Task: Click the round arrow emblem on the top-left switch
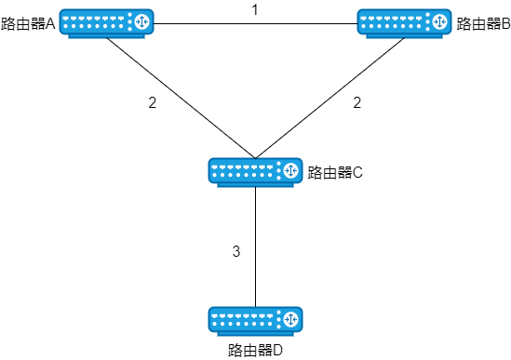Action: [x=141, y=21]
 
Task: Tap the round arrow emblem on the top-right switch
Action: [x=439, y=21]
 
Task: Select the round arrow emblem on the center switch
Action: [x=290, y=170]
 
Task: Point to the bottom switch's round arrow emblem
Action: [x=290, y=319]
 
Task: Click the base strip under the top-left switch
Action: [x=106, y=36]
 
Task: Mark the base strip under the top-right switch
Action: [x=404, y=36]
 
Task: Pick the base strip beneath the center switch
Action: [x=255, y=185]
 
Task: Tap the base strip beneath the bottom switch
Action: [x=255, y=334]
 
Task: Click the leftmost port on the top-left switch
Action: [x=65, y=18]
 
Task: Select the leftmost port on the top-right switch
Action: [x=363, y=18]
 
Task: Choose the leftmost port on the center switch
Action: [x=214, y=167]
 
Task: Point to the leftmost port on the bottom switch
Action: [x=214, y=315]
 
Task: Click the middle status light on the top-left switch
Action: [x=129, y=21]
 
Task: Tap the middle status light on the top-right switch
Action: [x=427, y=21]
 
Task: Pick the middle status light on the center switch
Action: [x=278, y=170]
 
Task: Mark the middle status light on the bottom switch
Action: [x=278, y=319]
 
